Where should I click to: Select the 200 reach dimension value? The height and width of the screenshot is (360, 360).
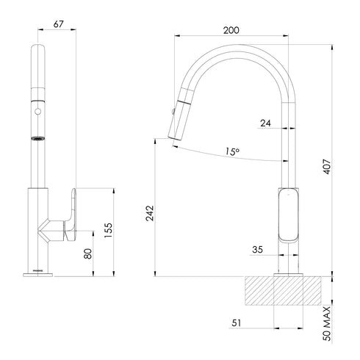click(x=231, y=30)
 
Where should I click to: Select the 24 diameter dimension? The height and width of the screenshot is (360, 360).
click(x=265, y=123)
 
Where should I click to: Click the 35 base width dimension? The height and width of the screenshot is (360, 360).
click(x=258, y=250)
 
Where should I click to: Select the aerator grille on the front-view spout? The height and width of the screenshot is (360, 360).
click(x=35, y=137)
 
